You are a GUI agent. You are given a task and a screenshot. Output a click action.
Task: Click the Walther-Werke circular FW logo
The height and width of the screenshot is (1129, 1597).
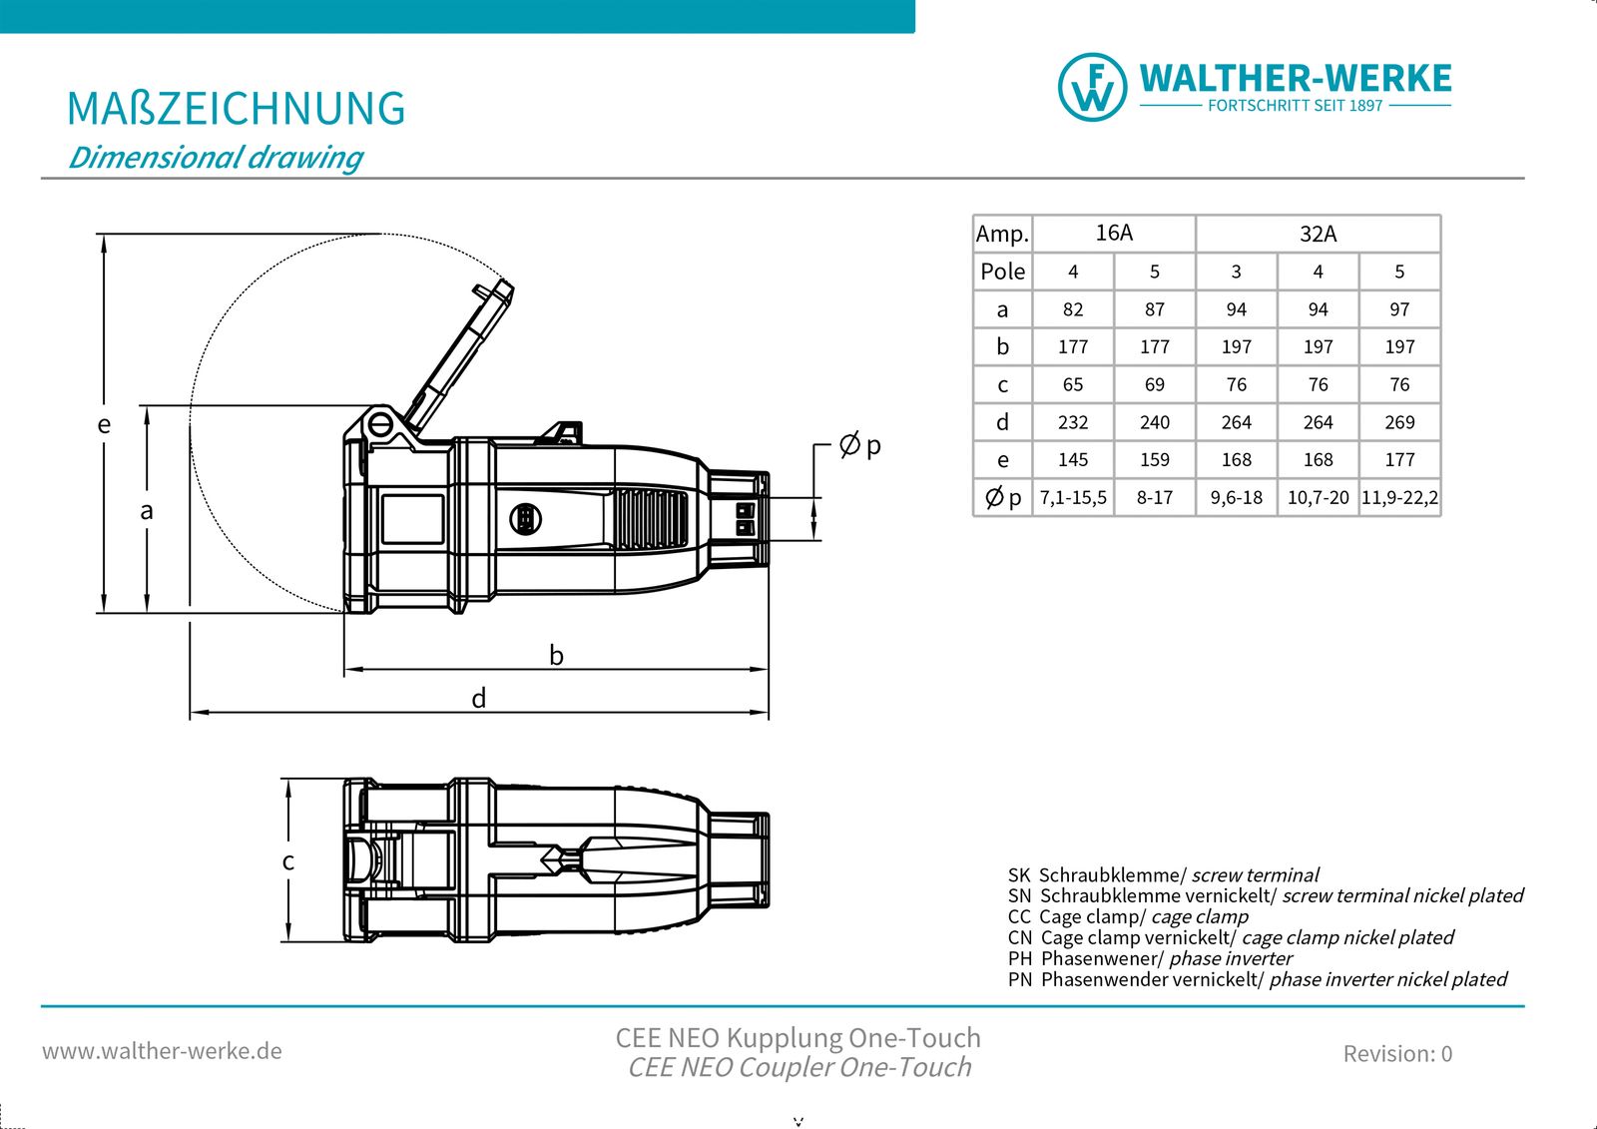1092,88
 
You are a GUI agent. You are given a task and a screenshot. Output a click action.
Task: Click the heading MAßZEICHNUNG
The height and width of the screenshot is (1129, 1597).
236,109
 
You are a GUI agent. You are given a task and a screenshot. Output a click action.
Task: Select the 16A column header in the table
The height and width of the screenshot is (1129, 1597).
1114,233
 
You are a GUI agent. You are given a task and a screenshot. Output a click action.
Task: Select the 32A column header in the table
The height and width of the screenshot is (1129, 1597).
1318,234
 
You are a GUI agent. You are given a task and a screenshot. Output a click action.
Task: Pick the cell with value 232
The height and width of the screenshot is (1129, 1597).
1073,422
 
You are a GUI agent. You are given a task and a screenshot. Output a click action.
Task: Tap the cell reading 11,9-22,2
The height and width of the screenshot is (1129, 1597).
1399,497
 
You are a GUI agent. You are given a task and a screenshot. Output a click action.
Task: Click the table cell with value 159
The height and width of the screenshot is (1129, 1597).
1154,460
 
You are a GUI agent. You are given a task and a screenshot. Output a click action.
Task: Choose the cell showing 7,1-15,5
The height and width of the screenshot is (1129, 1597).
1073,497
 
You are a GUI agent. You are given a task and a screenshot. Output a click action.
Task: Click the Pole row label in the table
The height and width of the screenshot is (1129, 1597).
1002,272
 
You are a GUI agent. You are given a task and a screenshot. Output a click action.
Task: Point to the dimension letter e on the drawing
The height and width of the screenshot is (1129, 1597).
104,425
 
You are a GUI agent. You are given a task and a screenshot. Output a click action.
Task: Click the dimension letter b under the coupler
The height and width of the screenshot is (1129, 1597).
556,656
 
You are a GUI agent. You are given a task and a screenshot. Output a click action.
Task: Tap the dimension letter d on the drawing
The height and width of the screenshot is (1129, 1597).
479,699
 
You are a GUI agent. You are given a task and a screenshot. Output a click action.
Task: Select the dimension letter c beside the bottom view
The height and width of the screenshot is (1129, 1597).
287,861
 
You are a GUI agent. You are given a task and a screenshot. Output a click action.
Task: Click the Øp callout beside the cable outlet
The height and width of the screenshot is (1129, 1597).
860,445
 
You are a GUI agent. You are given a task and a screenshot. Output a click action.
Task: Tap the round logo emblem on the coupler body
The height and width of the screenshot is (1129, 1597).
525,518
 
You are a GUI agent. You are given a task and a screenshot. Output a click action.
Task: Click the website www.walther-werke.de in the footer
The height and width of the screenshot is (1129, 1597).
162,1051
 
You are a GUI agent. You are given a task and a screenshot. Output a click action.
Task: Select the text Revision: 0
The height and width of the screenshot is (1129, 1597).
1397,1053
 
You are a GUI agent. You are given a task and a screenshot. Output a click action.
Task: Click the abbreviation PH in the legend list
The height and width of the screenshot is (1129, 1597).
1019,958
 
